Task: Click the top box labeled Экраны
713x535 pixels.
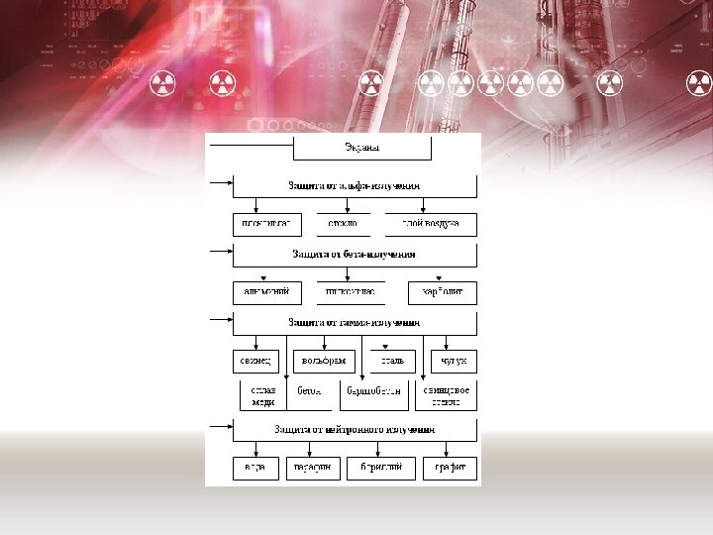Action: (362, 149)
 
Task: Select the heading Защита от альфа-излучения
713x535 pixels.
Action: (355, 185)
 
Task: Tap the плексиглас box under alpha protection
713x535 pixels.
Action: (265, 224)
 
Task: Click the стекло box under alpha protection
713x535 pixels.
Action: (343, 224)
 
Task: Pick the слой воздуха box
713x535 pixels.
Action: (430, 224)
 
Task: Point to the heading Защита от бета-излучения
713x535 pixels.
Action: (355, 255)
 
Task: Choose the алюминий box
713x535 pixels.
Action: (265, 293)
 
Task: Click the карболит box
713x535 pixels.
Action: (442, 293)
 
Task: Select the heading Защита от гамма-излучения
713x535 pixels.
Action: (355, 323)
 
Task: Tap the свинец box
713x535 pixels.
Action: (255, 361)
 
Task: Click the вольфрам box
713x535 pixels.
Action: (323, 361)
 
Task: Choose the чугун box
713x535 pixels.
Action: (455, 361)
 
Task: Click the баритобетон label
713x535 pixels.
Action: (372, 391)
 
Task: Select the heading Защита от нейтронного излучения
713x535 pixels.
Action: (355, 430)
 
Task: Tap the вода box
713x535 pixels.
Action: (255, 468)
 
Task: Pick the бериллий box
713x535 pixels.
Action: (380, 468)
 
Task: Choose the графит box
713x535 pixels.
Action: (450, 468)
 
